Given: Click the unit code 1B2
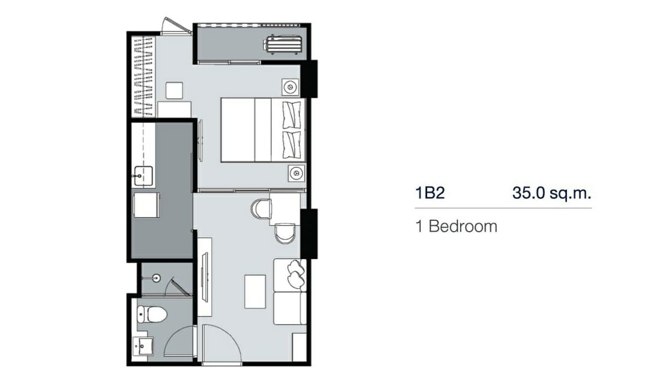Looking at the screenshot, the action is tap(430, 193).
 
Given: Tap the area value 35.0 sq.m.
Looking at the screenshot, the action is tap(552, 193).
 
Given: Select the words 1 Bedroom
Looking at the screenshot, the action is tap(456, 227).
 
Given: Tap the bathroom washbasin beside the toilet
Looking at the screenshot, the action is tap(143, 346).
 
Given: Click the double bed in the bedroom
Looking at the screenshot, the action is tap(263, 130).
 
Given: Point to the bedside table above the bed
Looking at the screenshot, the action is tap(290, 87).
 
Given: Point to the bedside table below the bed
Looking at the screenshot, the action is tap(296, 173).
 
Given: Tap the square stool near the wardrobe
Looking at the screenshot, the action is tap(175, 91).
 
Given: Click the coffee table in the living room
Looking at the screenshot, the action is tap(255, 292).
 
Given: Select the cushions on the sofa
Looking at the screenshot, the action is tap(296, 273).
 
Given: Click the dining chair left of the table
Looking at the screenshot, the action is tap(261, 209).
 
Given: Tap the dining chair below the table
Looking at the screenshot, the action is tap(285, 233).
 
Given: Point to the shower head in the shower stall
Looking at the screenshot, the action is tap(156, 278).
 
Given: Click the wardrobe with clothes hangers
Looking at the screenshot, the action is tap(143, 77).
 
